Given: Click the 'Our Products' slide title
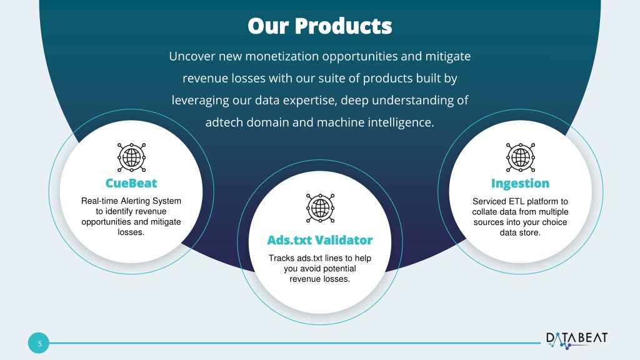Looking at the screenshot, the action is pyautogui.click(x=319, y=26).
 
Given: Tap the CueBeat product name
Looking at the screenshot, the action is pyautogui.click(x=131, y=183).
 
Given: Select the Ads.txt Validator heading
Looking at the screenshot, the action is pyautogui.click(x=319, y=240).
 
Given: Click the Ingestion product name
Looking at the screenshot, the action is pyautogui.click(x=520, y=184).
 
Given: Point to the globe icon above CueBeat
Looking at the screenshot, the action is pyautogui.click(x=131, y=157).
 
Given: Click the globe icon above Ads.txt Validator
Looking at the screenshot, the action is pyautogui.click(x=320, y=208).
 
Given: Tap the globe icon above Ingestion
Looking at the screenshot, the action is pyautogui.click(x=521, y=157).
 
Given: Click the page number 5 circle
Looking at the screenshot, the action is pyautogui.click(x=38, y=343).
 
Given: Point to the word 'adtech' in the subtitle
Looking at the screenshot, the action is pyautogui.click(x=224, y=122).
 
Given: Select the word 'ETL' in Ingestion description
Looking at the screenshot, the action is pyautogui.click(x=516, y=201).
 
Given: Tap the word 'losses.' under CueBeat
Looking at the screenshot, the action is pyautogui.click(x=131, y=232).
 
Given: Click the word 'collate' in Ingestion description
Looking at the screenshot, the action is pyautogui.click(x=484, y=212).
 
